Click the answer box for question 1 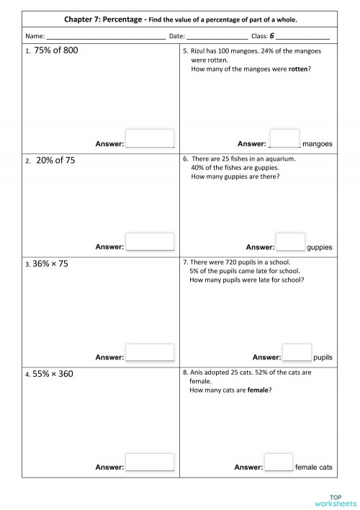(x=150, y=138)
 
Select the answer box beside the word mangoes (x=284, y=138)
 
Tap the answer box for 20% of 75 (x=150, y=241)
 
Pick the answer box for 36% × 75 (x=150, y=352)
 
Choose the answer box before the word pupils (x=297, y=352)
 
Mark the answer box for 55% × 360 (x=150, y=462)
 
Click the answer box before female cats (x=279, y=462)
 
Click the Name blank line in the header (x=105, y=35)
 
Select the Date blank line (x=217, y=35)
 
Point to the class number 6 (x=272, y=35)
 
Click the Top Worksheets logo (x=334, y=498)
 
